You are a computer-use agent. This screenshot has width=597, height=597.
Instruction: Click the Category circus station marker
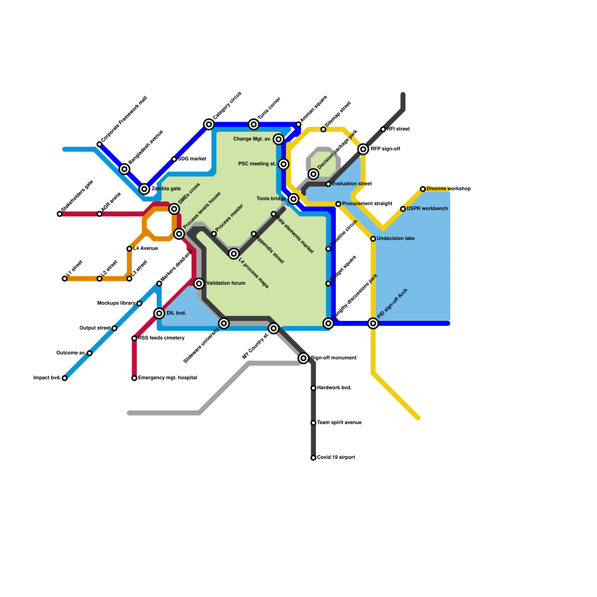[209, 124]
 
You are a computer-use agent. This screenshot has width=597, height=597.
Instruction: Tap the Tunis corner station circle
[254, 124]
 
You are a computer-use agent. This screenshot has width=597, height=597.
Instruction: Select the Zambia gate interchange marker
[144, 189]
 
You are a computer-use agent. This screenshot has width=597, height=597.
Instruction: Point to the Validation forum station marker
[199, 284]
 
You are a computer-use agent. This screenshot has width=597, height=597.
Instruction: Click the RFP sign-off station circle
[363, 149]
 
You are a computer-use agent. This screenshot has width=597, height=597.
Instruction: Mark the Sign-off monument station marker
[303, 358]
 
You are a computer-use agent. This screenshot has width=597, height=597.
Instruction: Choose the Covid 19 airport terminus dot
[313, 458]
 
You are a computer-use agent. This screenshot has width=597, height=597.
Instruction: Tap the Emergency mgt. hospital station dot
[134, 378]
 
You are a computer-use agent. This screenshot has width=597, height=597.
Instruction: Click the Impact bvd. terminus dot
[65, 378]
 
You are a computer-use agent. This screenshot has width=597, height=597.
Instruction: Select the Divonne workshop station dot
[423, 189]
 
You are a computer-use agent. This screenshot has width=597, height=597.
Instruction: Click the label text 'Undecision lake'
[396, 238]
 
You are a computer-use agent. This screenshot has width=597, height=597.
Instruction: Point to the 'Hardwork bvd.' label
[334, 388]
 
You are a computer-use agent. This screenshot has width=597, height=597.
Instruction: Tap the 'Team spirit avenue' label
[339, 423]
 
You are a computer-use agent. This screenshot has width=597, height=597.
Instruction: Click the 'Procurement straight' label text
[367, 204]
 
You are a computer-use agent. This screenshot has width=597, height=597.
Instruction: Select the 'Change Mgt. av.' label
[252, 139]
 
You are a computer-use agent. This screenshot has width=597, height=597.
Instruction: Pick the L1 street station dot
[65, 279]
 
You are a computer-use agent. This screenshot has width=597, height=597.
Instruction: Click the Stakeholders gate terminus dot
[60, 214]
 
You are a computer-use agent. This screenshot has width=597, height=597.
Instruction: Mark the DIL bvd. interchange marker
[159, 313]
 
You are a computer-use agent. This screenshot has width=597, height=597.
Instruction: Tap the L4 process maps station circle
[234, 254]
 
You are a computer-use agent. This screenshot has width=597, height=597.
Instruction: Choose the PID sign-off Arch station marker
[373, 323]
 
